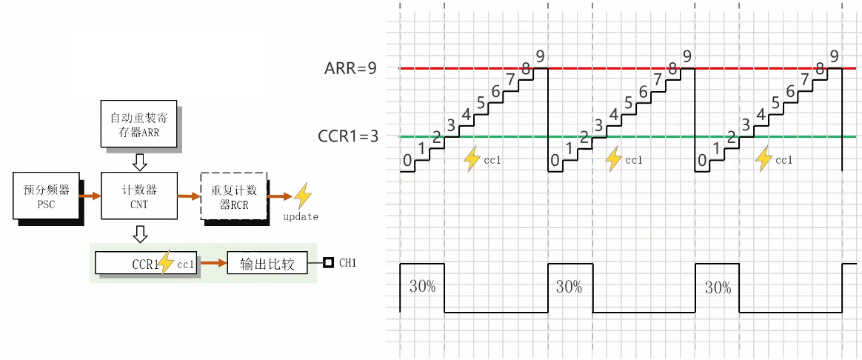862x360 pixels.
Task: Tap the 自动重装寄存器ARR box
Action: pos(139,127)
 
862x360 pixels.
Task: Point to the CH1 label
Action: pos(347,263)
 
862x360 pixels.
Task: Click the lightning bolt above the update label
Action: pos(302,196)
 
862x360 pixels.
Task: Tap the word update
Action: pos(301,217)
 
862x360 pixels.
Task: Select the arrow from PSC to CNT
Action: pos(90,196)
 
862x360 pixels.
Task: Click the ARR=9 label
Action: pos(350,68)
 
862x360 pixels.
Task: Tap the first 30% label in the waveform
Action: pos(422,287)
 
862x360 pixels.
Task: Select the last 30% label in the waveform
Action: pos(718,287)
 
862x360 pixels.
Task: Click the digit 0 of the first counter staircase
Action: pos(407,160)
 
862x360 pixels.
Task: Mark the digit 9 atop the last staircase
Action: pos(835,56)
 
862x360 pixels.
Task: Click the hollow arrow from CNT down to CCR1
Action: pos(139,234)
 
